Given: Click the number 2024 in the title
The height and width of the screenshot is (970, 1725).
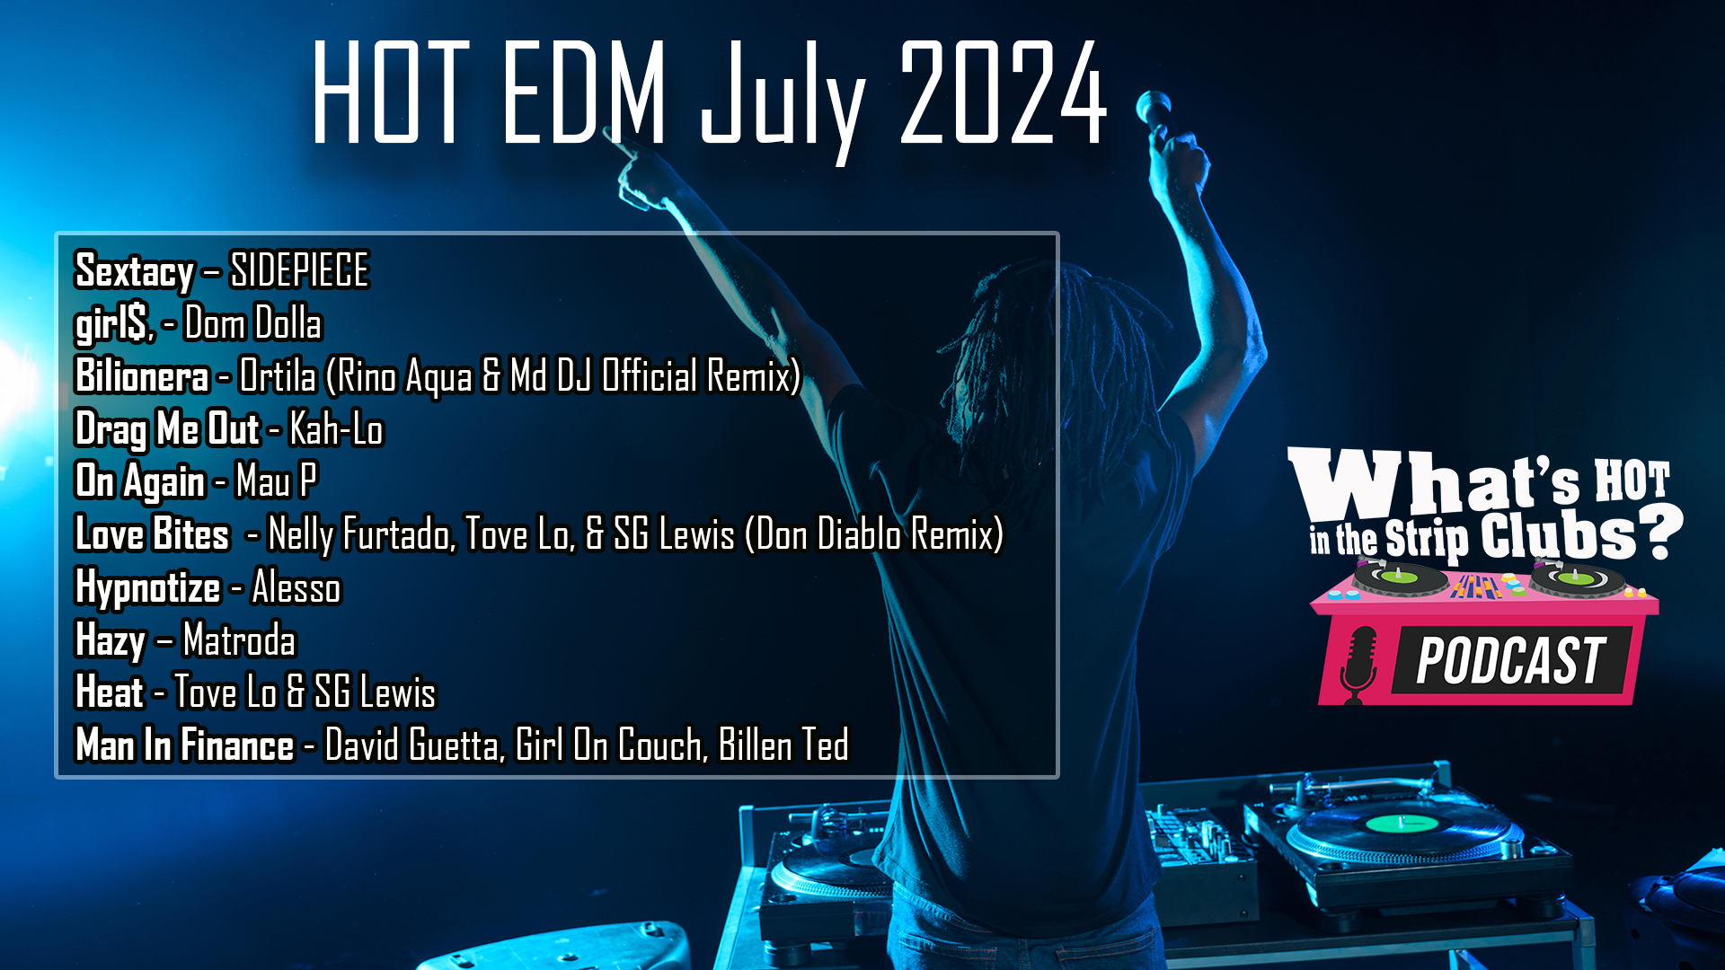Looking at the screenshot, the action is [1004, 93].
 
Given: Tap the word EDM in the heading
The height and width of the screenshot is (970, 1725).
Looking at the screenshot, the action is [585, 93].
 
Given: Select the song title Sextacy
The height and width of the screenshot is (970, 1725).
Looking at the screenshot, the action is [135, 271].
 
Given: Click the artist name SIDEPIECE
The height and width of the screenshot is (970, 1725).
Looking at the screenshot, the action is [299, 269].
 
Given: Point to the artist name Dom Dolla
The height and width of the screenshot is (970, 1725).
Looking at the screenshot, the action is [252, 323].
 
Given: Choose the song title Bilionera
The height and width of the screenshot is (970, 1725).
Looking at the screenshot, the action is [142, 375].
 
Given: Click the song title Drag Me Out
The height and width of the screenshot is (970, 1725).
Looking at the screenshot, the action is [167, 429].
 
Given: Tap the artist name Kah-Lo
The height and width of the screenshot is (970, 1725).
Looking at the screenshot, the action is [336, 429].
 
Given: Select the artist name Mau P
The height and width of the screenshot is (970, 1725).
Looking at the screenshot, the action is [277, 481].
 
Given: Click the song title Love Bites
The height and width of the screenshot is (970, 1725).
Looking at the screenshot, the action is [152, 534].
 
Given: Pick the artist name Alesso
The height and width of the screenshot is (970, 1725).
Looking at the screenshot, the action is [296, 587].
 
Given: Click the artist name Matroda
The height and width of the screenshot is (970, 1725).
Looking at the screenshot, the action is [239, 640].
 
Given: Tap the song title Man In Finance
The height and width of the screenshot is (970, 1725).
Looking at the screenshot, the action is [185, 745].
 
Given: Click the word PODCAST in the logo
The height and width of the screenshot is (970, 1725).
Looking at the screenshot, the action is [1511, 661].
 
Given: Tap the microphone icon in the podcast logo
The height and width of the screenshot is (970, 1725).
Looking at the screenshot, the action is [1358, 665].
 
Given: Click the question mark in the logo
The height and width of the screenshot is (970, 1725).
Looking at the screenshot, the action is [1659, 532].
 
